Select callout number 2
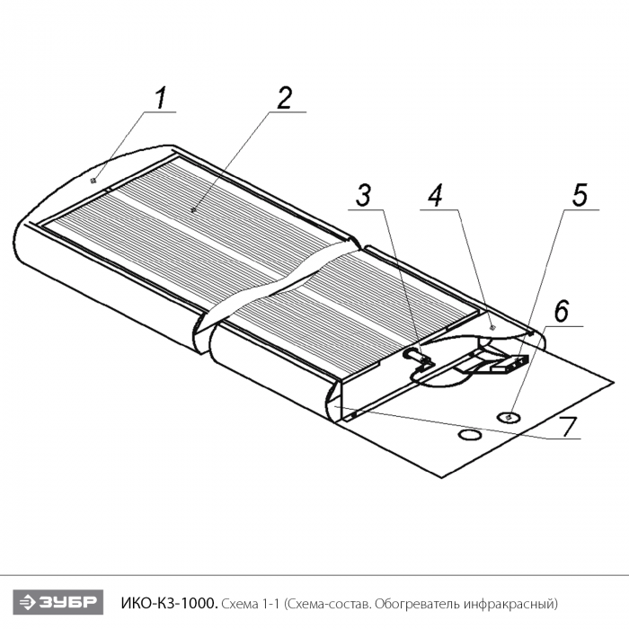(285, 98)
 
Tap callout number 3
(363, 195)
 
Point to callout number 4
(435, 196)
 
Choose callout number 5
(580, 195)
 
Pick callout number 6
(562, 311)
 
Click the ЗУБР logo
(58, 602)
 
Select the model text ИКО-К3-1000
(170, 602)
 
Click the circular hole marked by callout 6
(509, 418)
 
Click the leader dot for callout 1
(94, 182)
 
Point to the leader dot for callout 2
(194, 209)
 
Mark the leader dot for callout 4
(493, 327)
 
